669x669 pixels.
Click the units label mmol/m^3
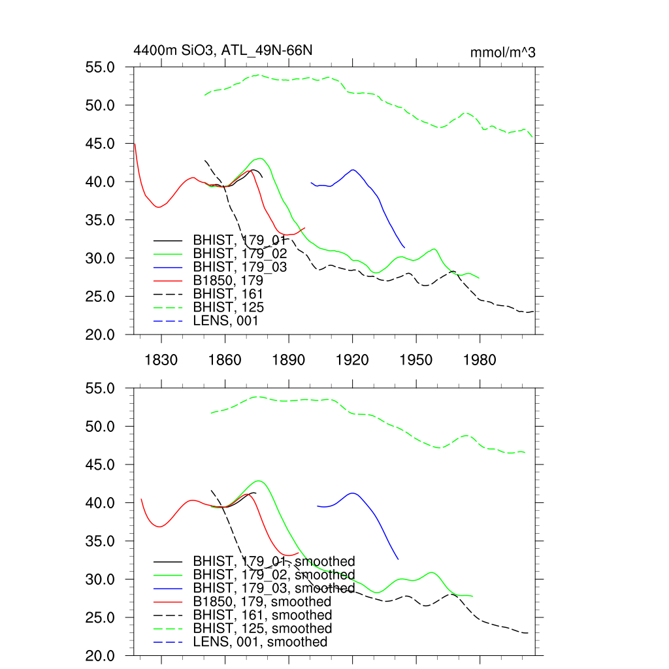(502, 52)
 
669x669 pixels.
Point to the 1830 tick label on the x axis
(161, 361)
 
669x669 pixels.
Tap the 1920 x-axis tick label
(352, 361)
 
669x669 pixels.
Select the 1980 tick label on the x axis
(480, 361)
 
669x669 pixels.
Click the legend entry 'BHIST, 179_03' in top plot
(240, 267)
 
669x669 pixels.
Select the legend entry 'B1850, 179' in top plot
(232, 280)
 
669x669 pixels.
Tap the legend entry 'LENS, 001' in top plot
(226, 321)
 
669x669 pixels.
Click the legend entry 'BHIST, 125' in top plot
(229, 307)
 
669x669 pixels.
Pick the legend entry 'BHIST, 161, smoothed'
(263, 615)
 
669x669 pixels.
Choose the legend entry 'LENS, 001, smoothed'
(260, 642)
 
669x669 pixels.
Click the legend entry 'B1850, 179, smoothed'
(262, 602)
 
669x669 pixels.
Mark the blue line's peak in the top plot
(353, 170)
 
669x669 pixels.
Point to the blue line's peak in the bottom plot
(353, 493)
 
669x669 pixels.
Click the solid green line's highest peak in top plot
(260, 158)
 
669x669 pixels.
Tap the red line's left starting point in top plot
(134, 144)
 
